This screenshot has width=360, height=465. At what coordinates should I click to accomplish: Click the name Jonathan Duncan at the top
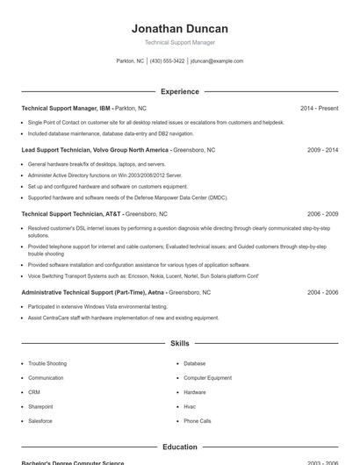click(179, 28)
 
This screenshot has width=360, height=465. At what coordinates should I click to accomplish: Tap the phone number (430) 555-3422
click(167, 61)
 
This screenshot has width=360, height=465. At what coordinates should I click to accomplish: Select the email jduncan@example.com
click(217, 61)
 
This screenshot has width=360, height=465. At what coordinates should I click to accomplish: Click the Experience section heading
click(179, 91)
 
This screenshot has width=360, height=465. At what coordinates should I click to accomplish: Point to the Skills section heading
click(179, 343)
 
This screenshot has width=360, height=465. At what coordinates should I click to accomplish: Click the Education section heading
click(179, 447)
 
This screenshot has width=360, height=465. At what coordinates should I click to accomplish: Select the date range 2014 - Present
click(319, 108)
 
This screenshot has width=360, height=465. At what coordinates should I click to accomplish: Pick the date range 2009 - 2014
click(322, 150)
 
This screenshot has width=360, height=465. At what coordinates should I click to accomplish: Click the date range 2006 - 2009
click(322, 213)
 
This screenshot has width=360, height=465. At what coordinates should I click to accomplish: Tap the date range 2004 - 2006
click(322, 291)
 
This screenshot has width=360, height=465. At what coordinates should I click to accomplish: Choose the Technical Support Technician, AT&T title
click(71, 213)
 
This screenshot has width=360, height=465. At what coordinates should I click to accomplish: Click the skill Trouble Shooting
click(47, 363)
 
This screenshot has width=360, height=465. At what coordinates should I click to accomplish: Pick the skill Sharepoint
click(40, 406)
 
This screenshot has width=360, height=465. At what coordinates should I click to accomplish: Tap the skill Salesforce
click(40, 421)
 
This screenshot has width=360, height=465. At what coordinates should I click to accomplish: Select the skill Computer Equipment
click(207, 377)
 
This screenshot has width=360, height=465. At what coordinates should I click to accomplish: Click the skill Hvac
click(190, 406)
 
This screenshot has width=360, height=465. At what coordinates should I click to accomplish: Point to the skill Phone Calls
click(197, 421)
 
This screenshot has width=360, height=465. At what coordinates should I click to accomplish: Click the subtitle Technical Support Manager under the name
click(179, 42)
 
